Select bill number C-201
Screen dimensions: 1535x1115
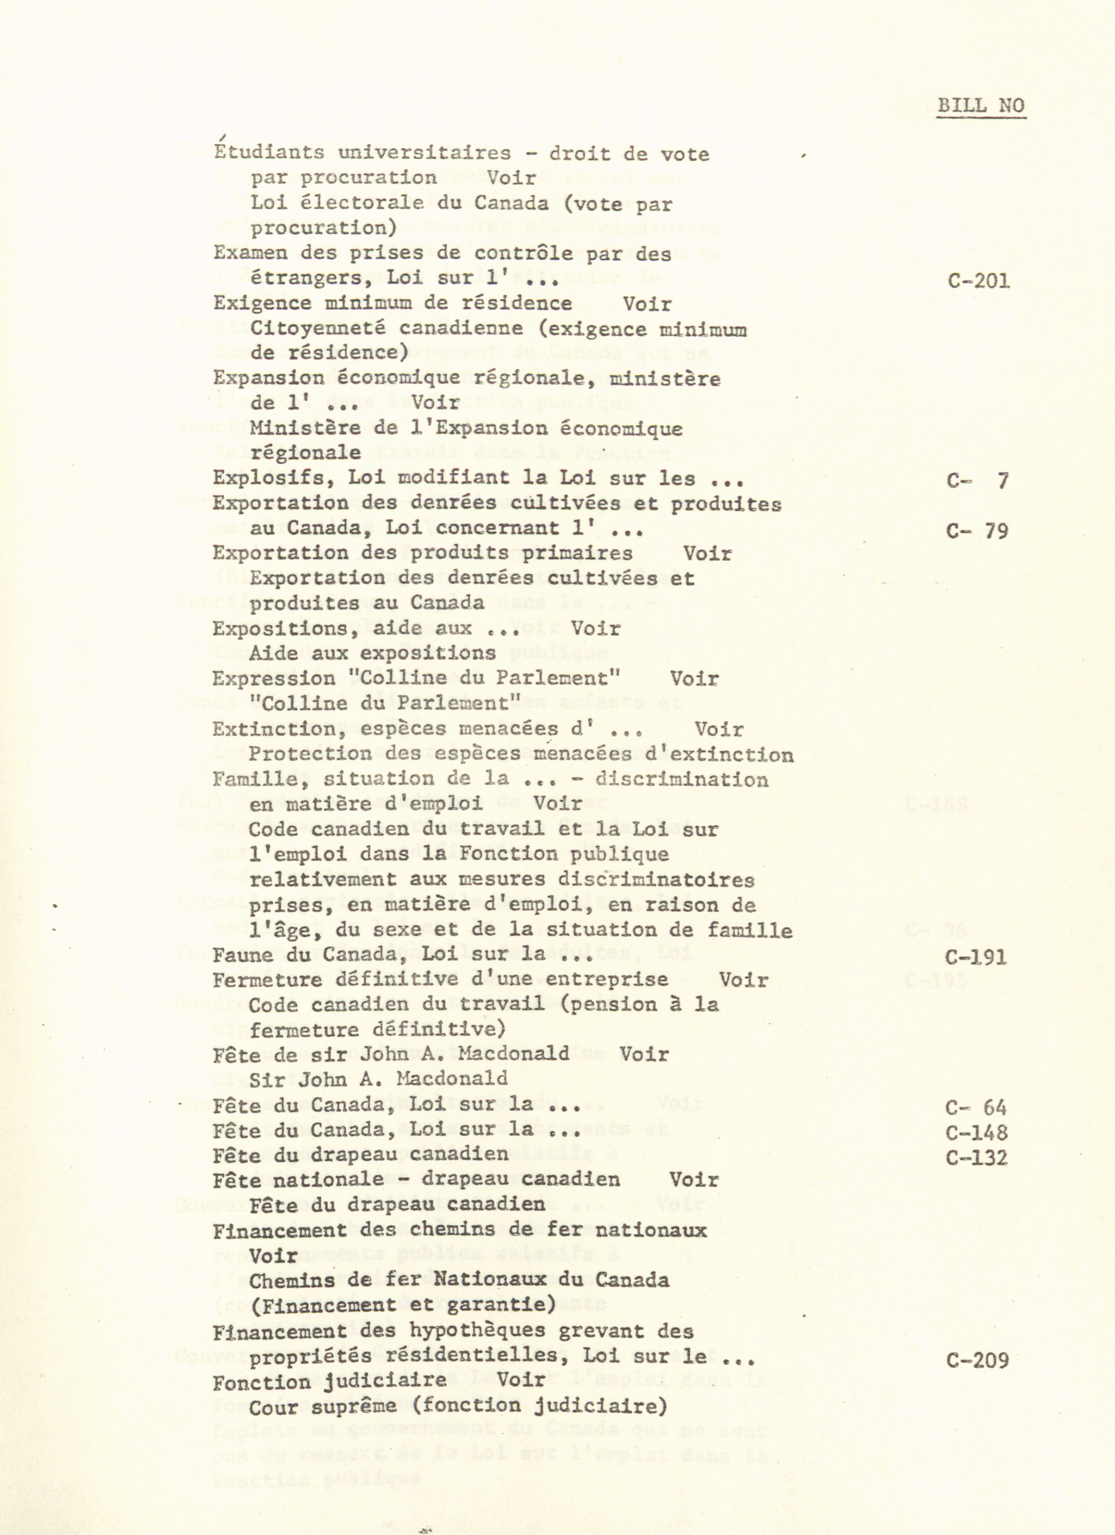[x=978, y=280]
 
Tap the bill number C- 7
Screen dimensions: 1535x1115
[x=978, y=481]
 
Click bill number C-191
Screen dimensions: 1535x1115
[x=976, y=957]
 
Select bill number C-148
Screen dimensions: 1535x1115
[x=976, y=1132]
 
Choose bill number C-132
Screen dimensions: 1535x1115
[x=976, y=1157]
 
